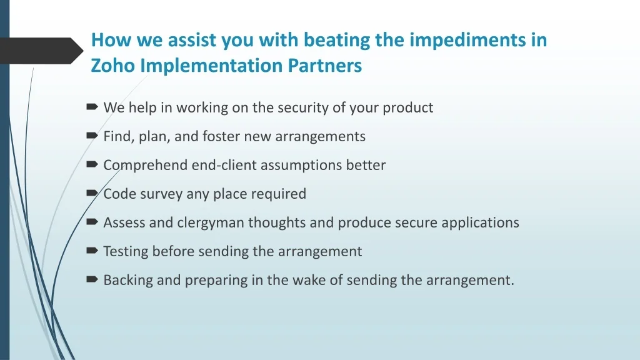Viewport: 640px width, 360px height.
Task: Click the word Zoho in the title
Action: (112, 65)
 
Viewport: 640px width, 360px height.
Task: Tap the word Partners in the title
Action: (324, 65)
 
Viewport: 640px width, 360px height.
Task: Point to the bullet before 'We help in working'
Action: (92, 107)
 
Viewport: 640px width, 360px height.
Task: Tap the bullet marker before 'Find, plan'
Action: (92, 136)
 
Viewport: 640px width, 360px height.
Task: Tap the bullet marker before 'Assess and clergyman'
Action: (92, 222)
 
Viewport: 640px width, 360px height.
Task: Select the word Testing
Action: (126, 251)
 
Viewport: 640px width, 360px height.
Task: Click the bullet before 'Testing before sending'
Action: (92, 251)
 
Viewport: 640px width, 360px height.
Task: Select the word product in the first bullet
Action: (407, 107)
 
